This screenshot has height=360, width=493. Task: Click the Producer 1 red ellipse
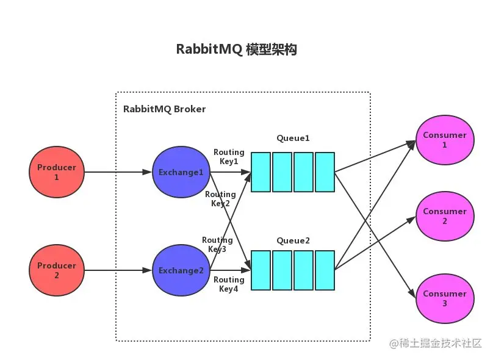[57, 172]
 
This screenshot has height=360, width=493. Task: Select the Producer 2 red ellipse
[57, 270]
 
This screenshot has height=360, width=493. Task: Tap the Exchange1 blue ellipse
[181, 172]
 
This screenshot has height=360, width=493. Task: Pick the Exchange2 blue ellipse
[181, 270]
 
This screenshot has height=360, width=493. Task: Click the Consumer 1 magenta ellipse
[444, 140]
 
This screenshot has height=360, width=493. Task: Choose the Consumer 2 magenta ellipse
[444, 216]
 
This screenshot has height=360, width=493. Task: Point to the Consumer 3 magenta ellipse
[444, 298]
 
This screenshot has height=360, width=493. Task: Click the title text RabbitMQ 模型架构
[236, 50]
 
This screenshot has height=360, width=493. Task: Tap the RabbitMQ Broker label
[164, 109]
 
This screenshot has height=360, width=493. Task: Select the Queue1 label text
[293, 139]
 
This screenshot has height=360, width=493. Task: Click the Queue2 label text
[293, 241]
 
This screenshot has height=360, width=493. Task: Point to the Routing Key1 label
[229, 157]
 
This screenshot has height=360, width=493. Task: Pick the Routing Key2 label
[220, 199]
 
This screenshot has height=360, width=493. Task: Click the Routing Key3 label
[217, 245]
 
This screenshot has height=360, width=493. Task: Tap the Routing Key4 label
[229, 284]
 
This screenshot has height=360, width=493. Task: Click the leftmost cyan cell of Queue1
[261, 172]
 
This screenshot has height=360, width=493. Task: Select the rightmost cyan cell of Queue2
[325, 270]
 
